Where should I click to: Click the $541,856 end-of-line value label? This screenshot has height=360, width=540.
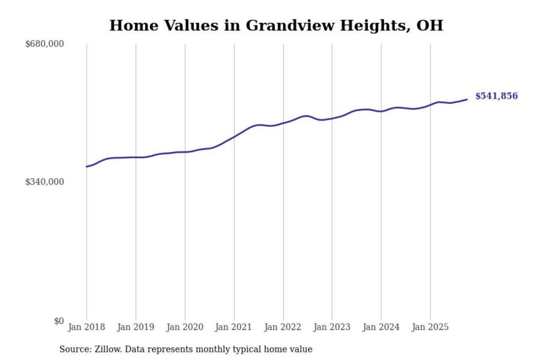point(496,96)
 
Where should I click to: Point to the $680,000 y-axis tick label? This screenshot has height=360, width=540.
point(45,44)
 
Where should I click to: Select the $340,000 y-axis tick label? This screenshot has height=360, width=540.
point(45,182)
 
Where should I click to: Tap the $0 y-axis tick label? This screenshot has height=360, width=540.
point(59,321)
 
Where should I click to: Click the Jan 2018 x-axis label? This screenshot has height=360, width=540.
point(86,327)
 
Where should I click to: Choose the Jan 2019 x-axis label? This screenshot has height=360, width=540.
point(135,327)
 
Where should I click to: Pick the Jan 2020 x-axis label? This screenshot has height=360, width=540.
point(184,327)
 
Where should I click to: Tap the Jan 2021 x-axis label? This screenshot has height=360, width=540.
point(233,327)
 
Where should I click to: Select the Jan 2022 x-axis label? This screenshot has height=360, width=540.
point(282,327)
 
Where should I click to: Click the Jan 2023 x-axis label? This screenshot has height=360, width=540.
point(331,327)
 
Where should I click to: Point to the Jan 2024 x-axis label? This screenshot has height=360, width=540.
point(381,327)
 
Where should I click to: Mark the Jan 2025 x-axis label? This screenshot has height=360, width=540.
point(430,327)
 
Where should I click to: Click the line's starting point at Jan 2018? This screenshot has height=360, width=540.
point(87,166)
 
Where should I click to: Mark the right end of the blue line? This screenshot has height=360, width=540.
point(467,99)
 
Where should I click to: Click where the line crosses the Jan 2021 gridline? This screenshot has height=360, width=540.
point(234,136)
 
